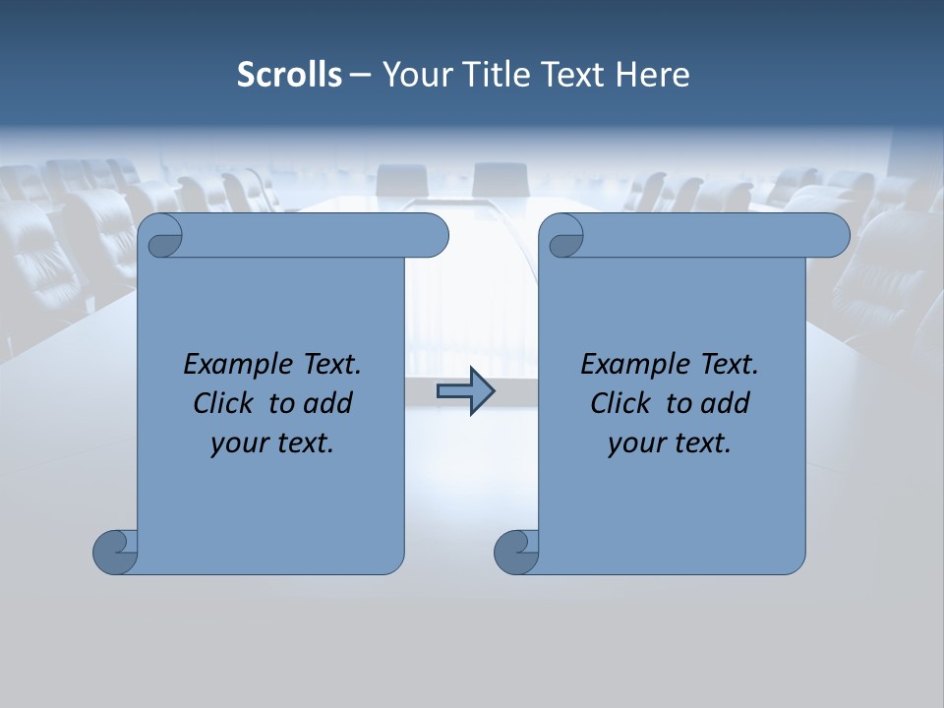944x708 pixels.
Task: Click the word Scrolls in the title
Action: pos(289,75)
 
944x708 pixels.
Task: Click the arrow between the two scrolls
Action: pos(465,391)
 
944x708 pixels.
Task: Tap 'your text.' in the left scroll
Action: pos(272,442)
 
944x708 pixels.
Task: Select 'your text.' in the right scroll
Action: pos(670,442)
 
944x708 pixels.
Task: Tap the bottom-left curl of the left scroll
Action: pos(116,552)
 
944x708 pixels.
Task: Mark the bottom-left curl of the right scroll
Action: pos(517,552)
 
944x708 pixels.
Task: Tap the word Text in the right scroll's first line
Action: pos(729,365)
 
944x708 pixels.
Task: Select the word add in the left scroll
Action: pos(327,403)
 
